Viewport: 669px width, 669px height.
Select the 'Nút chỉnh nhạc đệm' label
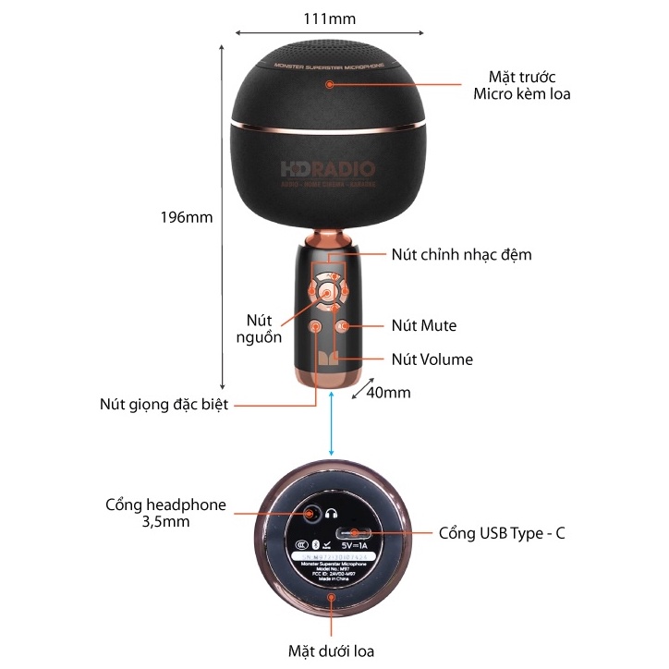tap(461, 254)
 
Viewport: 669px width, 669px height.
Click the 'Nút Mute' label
tap(423, 325)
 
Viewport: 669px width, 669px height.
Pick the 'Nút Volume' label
tap(432, 359)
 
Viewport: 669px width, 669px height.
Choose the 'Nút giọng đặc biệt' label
tap(164, 404)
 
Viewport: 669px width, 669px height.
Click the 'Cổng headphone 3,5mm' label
tap(165, 513)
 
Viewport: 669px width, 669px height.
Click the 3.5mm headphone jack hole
tap(308, 513)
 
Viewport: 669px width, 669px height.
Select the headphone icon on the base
tap(333, 513)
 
